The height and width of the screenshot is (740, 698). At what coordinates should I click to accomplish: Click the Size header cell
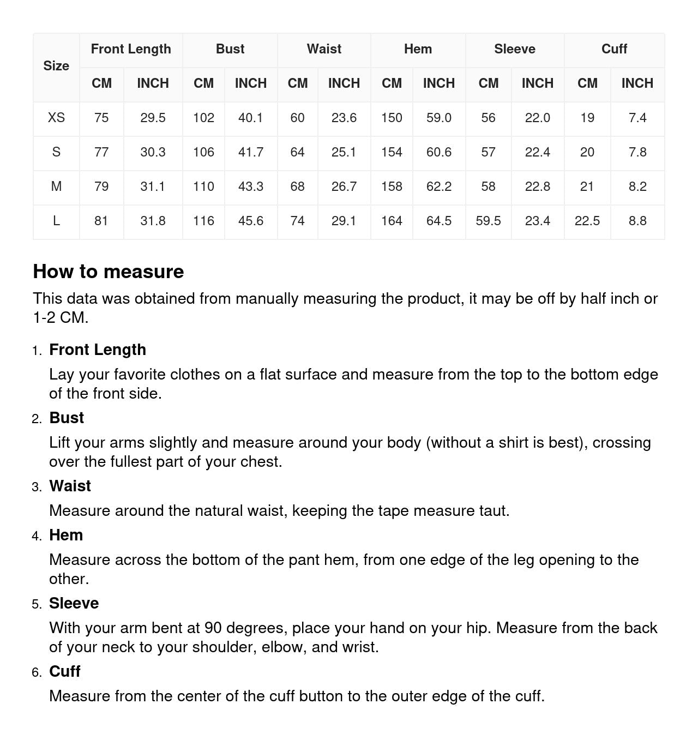[x=56, y=66]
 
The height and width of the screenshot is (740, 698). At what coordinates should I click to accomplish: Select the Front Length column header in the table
[x=131, y=49]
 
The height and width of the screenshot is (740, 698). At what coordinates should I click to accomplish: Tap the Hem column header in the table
[x=418, y=49]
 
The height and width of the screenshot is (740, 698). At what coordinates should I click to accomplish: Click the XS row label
[x=56, y=118]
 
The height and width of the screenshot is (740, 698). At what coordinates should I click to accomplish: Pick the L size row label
[x=56, y=221]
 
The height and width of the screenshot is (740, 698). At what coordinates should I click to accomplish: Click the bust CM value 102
[x=203, y=118]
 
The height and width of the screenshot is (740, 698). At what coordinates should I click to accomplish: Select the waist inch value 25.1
[x=344, y=152]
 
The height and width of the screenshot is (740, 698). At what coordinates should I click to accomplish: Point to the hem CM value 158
[x=392, y=186]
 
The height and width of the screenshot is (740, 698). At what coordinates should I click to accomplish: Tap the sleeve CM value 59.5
[x=488, y=221]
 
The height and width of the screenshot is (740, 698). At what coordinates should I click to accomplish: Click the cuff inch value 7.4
[x=637, y=118]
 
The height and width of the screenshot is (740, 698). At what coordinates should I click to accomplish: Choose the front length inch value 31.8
[x=153, y=221]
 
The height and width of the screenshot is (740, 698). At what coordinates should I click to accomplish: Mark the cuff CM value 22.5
[x=587, y=221]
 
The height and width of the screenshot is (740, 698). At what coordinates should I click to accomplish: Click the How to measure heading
[x=109, y=272]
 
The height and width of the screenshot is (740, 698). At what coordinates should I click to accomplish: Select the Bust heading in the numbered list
[x=67, y=418]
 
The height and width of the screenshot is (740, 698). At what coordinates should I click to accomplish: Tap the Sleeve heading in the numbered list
[x=74, y=603]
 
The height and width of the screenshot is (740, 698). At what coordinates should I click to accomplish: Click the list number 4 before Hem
[x=37, y=536]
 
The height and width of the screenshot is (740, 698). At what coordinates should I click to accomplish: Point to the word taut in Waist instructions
[x=493, y=510]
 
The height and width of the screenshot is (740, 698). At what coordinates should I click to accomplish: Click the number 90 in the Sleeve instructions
[x=213, y=628]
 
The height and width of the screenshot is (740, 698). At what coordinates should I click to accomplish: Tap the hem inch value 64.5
[x=438, y=221]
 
